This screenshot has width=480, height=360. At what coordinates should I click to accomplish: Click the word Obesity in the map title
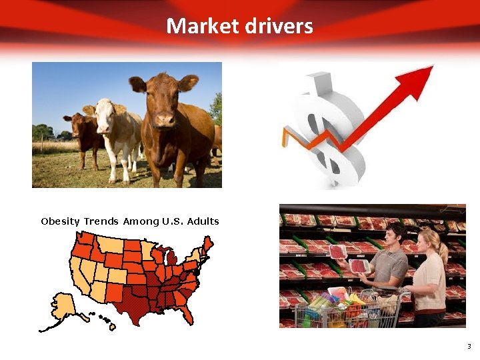pos(60,221)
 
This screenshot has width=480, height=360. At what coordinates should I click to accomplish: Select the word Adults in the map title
pos(203,221)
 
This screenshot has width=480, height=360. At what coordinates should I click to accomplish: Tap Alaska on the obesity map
pos(64,307)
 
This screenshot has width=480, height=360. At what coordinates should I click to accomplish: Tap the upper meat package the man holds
pos(337,251)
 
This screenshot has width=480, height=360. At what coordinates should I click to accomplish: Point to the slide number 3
pos(469,346)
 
